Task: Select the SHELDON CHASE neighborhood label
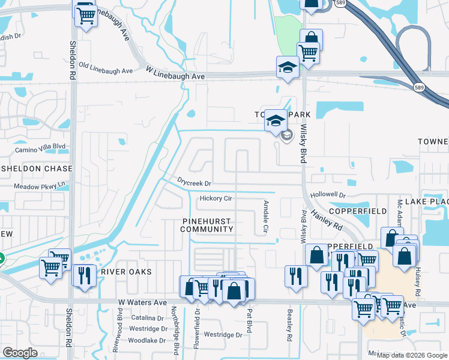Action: point(36,169)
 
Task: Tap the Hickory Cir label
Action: point(215,198)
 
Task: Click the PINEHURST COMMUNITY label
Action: point(206,225)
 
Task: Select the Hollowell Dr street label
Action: point(328,196)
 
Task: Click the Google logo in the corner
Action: point(20,353)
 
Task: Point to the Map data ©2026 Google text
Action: point(412,355)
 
